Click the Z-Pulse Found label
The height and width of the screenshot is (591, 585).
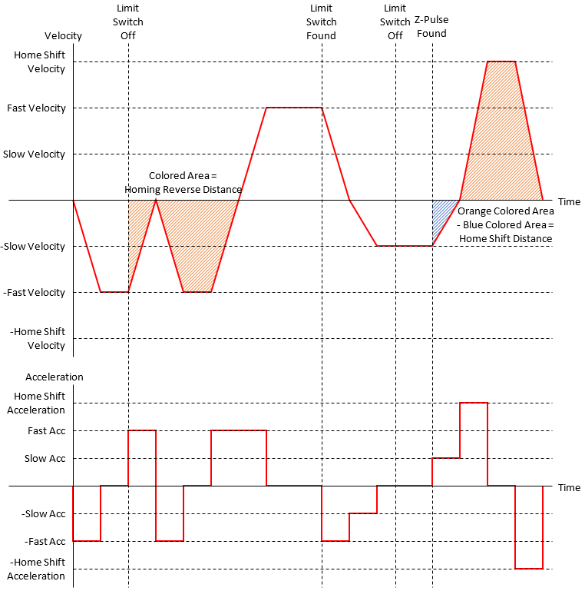coord(431,28)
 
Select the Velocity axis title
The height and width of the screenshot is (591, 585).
coord(63,35)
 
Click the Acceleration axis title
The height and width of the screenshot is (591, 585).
coord(54,377)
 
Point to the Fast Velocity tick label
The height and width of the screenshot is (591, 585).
coord(36,108)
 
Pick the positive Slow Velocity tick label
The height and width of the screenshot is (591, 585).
coord(34,154)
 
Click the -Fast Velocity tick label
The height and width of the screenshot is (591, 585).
coord(34,293)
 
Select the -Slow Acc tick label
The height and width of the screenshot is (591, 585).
coord(43,514)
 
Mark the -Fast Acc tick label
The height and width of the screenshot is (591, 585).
coord(43,542)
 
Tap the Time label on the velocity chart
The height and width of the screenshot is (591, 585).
coord(569,201)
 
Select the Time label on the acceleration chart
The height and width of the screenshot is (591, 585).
coord(569,487)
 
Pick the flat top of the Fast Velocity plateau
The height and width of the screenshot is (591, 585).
coord(293,108)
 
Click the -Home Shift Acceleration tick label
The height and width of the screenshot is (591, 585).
coord(37,569)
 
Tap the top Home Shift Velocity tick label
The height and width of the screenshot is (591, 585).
coord(40,61)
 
